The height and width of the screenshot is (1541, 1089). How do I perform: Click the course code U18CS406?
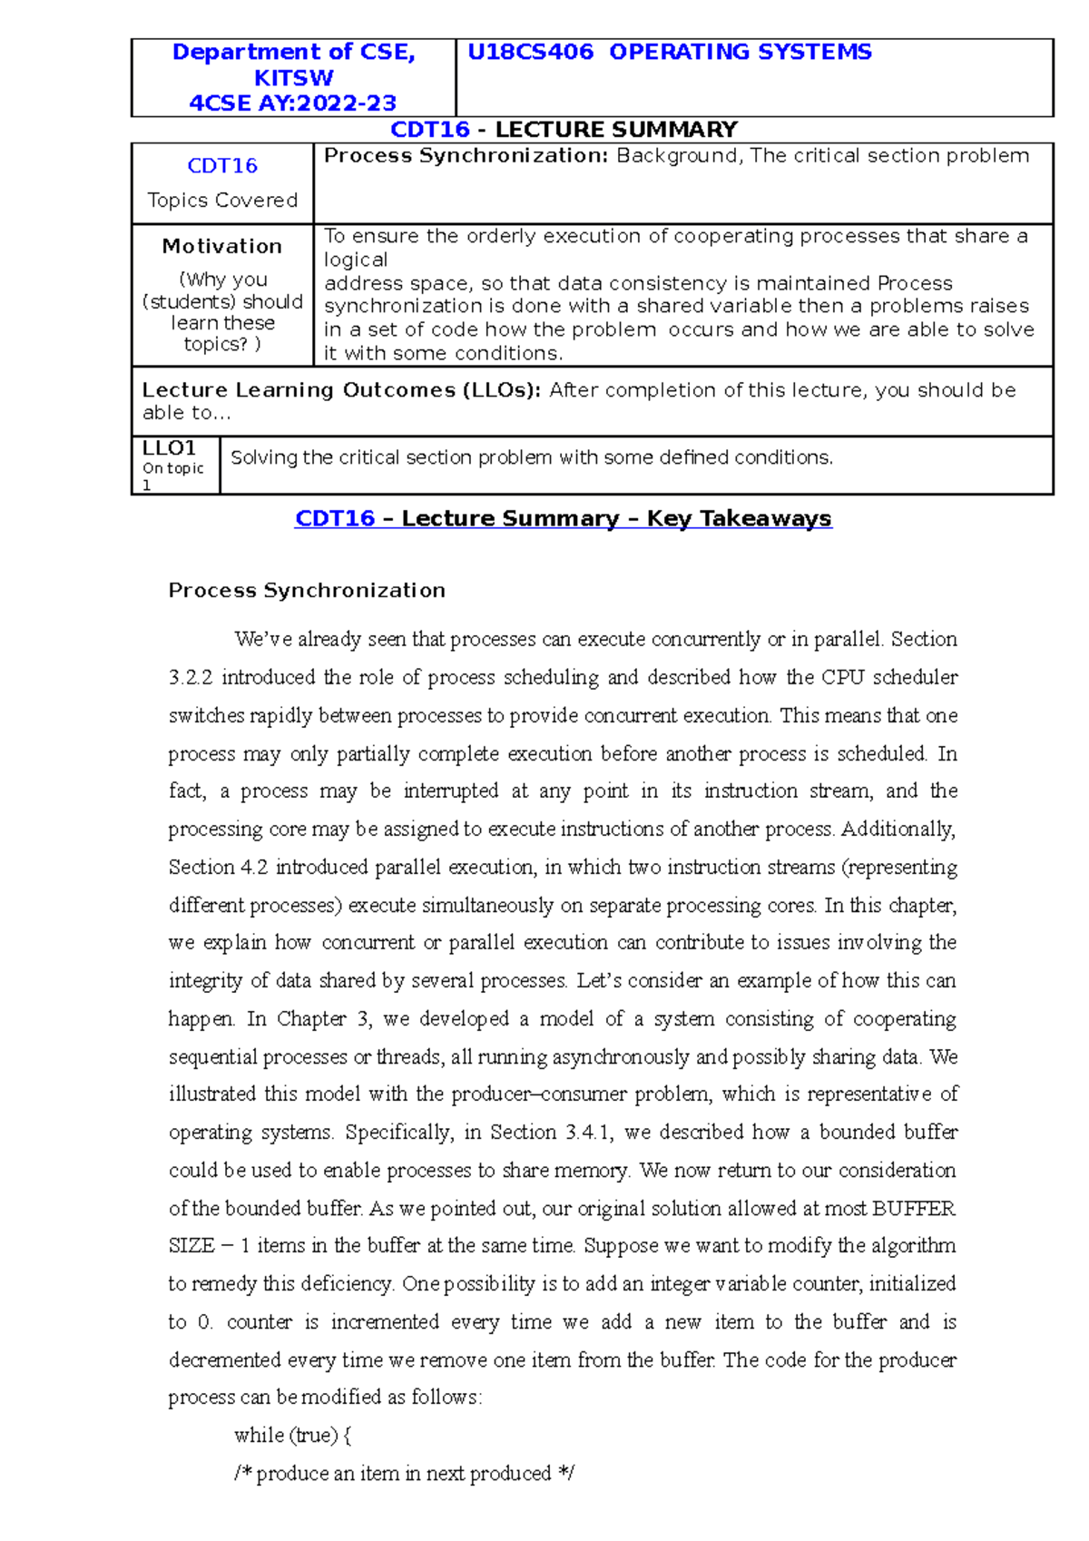pos(530,52)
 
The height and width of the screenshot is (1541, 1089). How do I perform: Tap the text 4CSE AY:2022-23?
pos(293,103)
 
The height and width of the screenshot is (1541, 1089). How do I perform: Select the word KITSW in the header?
pos(293,77)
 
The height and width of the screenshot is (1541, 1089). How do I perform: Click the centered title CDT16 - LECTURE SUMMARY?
pos(564,130)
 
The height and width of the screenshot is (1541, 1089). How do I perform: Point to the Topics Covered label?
pos(222,200)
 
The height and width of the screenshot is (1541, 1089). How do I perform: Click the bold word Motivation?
pos(222,246)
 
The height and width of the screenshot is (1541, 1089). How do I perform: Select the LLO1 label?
pos(169,447)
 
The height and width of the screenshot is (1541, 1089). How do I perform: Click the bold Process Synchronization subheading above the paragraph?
pos(307,590)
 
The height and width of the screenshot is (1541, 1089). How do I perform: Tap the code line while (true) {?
pos(292,1435)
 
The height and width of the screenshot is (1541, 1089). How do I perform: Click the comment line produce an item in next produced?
pos(404,1473)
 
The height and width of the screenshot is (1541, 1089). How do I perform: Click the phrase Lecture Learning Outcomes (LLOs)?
pos(341,390)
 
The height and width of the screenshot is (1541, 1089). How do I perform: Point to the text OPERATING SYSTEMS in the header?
pos(740,52)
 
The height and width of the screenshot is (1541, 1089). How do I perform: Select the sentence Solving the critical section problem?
pos(531,457)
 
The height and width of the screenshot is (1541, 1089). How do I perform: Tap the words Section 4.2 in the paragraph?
pos(218,867)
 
